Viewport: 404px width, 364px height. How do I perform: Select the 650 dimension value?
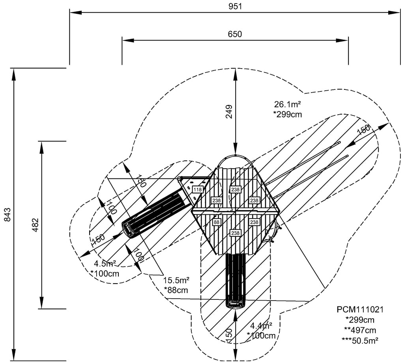pyautogui.click(x=235, y=34)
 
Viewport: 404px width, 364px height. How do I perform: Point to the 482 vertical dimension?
pyautogui.click(x=35, y=225)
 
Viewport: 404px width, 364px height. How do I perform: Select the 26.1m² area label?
pyautogui.click(x=288, y=104)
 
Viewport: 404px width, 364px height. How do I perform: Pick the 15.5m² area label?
pyautogui.click(x=176, y=280)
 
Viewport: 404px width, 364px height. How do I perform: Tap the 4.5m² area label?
pyautogui.click(x=105, y=264)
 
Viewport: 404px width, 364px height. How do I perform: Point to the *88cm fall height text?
pyautogui.click(x=176, y=290)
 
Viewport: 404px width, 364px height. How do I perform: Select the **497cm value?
pyautogui.click(x=360, y=330)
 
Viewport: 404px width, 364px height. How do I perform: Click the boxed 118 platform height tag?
pyautogui.click(x=197, y=190)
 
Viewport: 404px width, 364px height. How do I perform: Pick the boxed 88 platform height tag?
pyautogui.click(x=216, y=222)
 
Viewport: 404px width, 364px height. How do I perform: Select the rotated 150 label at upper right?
pyautogui.click(x=363, y=130)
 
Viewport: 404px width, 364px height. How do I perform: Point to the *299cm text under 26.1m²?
pyautogui.click(x=288, y=115)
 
